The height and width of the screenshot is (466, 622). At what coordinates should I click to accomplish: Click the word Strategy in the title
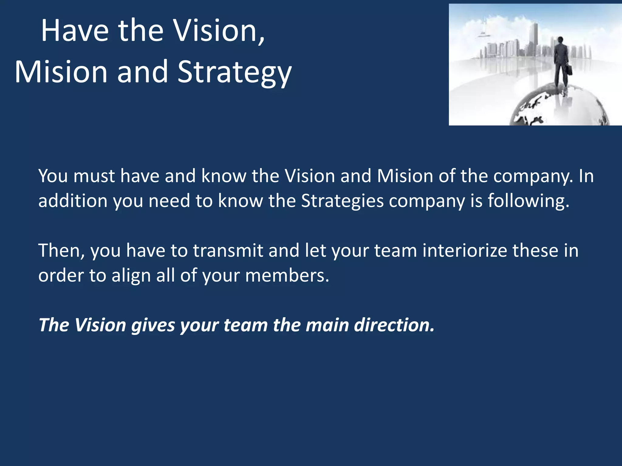pyautogui.click(x=234, y=72)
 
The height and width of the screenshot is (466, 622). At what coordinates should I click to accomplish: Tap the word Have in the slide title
pyautogui.click(x=75, y=31)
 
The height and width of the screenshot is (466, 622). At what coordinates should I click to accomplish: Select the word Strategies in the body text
pyautogui.click(x=342, y=201)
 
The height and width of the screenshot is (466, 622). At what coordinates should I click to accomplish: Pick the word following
pyautogui.click(x=528, y=201)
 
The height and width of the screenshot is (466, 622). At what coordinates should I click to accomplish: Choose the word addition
pyautogui.click(x=73, y=201)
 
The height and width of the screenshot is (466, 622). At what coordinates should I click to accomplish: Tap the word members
pyautogui.click(x=287, y=275)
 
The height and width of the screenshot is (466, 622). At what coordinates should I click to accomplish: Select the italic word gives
pyautogui.click(x=153, y=326)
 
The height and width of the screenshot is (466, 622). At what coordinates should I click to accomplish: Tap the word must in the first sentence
pyautogui.click(x=94, y=176)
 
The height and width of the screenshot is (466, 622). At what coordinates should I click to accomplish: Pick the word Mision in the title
pyautogui.click(x=61, y=72)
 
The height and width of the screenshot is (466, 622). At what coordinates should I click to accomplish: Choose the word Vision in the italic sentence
pyautogui.click(x=100, y=325)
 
